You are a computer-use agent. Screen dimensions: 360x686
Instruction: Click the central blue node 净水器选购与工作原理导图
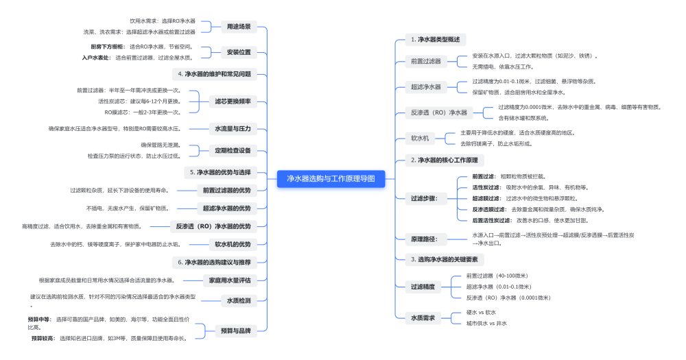(x=331, y=179)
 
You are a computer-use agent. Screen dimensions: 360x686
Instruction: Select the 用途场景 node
(x=239, y=27)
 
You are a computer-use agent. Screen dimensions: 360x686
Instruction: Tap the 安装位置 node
(x=239, y=52)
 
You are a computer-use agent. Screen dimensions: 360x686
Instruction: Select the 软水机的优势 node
(x=233, y=243)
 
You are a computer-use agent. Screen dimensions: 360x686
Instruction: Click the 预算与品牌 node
(x=235, y=331)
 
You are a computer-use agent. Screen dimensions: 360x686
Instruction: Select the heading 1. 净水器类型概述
(x=435, y=39)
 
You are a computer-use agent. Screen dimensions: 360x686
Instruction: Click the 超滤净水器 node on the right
(x=427, y=86)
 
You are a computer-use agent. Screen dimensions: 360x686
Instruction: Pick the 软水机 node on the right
(x=420, y=138)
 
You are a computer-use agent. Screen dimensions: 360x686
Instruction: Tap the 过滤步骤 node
(x=423, y=198)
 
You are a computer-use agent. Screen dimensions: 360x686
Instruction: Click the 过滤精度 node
(x=423, y=287)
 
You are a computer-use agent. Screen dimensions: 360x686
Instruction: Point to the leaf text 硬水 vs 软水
(x=481, y=312)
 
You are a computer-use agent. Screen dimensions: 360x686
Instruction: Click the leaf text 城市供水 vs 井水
(x=486, y=323)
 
